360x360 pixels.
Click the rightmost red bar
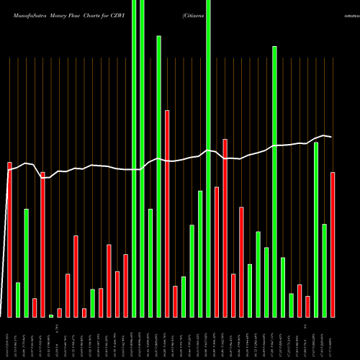(x=333, y=245)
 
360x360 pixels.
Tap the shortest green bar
(x=51, y=315)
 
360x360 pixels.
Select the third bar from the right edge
(x=316, y=230)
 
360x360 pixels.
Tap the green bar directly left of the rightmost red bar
(x=325, y=271)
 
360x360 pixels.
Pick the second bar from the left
(x=18, y=300)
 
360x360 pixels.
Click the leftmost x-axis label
(x=9, y=338)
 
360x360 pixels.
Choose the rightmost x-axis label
(x=333, y=338)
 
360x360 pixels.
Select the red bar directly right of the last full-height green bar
(x=217, y=252)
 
